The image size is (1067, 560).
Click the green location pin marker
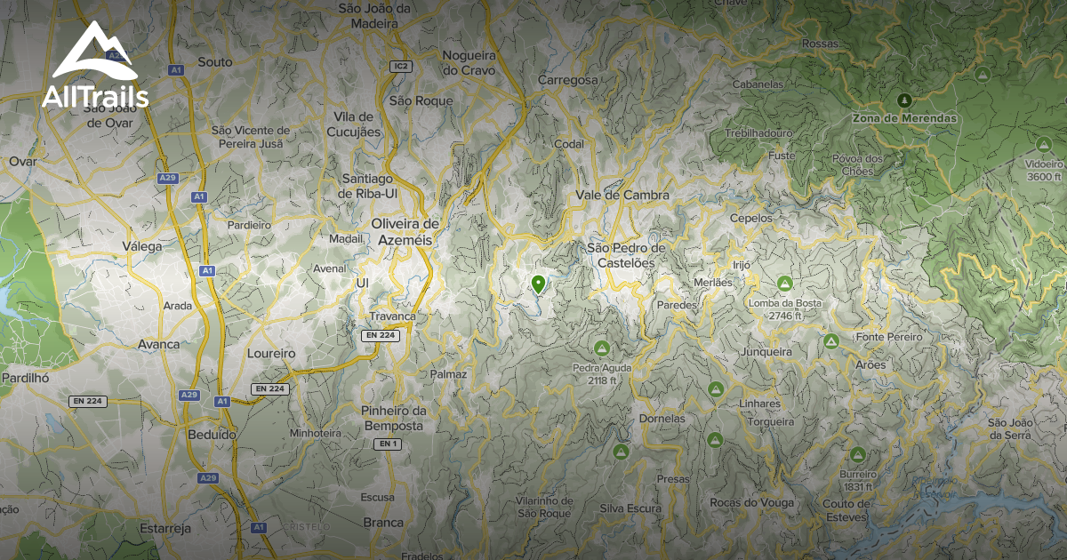tap(538, 284)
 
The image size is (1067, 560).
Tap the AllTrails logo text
tap(95, 97)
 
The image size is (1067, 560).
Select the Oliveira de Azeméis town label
tap(405, 231)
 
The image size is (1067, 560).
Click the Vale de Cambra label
tap(622, 195)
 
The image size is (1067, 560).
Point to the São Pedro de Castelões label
tap(627, 255)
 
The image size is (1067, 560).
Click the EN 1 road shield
tap(387, 444)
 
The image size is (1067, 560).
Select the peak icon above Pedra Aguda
tap(602, 348)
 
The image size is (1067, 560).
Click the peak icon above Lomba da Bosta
tap(784, 284)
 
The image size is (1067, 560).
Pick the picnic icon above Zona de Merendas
tap(904, 100)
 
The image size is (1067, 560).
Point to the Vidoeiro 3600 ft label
tap(1044, 170)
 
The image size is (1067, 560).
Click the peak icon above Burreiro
tap(857, 454)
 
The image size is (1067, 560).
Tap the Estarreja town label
tap(165, 528)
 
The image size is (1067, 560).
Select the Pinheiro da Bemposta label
tap(393, 418)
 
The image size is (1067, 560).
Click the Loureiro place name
tap(270, 353)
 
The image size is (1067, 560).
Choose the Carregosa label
tap(568, 80)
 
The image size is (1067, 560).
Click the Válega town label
tap(143, 247)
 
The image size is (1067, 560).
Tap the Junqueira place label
tap(766, 352)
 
